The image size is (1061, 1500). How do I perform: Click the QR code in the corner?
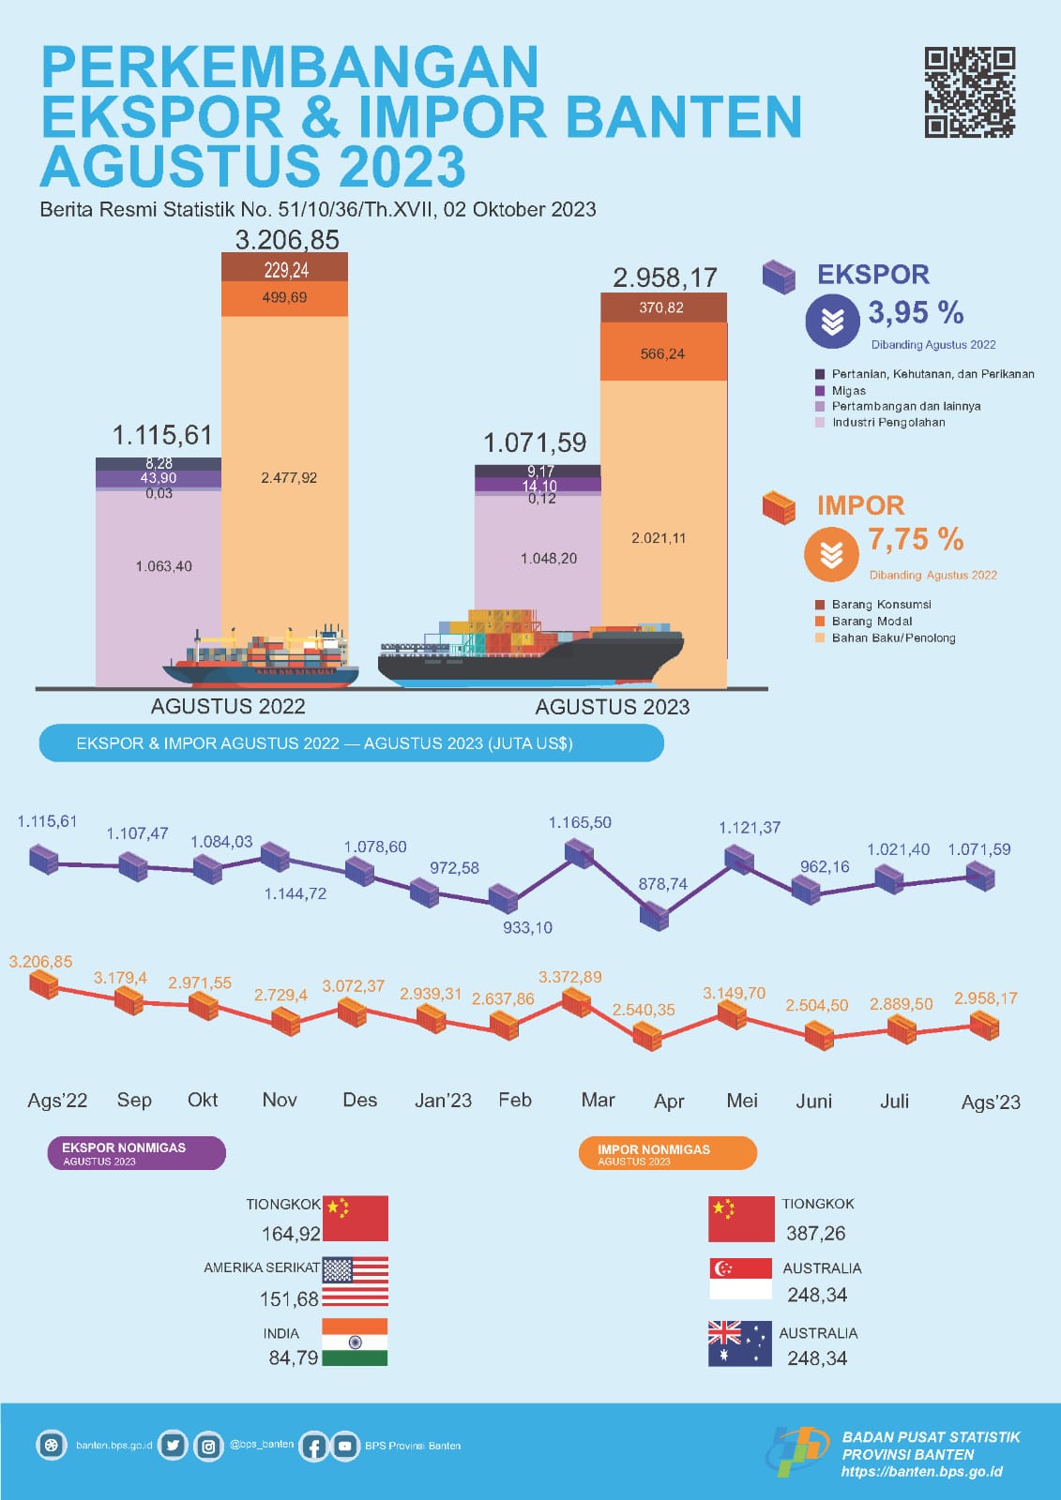[x=969, y=92]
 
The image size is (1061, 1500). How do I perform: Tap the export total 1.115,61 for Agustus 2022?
[x=162, y=435]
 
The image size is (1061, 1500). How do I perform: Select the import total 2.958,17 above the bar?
[x=664, y=277]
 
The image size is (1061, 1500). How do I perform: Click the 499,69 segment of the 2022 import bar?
[x=284, y=298]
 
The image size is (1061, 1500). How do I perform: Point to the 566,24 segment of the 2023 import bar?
[x=662, y=353]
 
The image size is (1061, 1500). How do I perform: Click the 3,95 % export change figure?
[x=916, y=312]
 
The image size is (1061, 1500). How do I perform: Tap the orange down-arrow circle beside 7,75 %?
[x=831, y=554]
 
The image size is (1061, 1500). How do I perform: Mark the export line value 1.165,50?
[x=580, y=822]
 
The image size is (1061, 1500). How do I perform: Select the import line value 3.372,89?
[x=569, y=977]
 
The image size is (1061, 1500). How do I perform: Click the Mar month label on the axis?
[x=598, y=1100]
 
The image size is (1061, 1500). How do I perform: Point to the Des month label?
[x=359, y=1100]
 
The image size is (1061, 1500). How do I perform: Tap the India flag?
[x=355, y=1342]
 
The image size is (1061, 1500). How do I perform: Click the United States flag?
[x=355, y=1282]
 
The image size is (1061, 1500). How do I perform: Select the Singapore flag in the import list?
[x=741, y=1279]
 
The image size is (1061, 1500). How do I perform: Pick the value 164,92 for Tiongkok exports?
[x=291, y=1234]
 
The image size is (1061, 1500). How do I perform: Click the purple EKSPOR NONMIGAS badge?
[x=136, y=1153]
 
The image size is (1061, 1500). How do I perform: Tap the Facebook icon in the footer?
[x=313, y=1447]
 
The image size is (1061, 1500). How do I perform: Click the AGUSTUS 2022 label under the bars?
[x=228, y=706]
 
